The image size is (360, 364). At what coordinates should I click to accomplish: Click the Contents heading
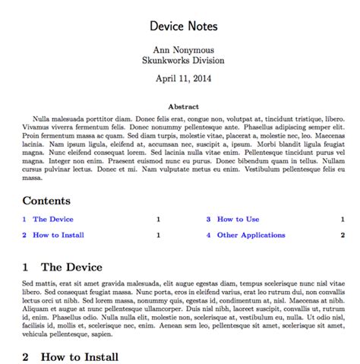coord(46,201)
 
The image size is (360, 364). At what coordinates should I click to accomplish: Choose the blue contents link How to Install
coord(58,235)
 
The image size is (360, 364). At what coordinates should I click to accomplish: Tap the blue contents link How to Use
coord(238,219)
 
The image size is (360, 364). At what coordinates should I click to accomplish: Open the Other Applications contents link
coord(251,235)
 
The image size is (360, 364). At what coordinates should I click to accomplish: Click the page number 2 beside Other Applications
coord(343,235)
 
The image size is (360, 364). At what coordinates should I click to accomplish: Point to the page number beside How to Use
coord(343,219)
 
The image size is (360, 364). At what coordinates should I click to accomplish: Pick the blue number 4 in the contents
coord(208,235)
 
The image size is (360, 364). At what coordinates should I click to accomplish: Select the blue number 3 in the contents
coord(208,219)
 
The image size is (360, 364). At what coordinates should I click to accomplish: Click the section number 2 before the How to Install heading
coord(26,356)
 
